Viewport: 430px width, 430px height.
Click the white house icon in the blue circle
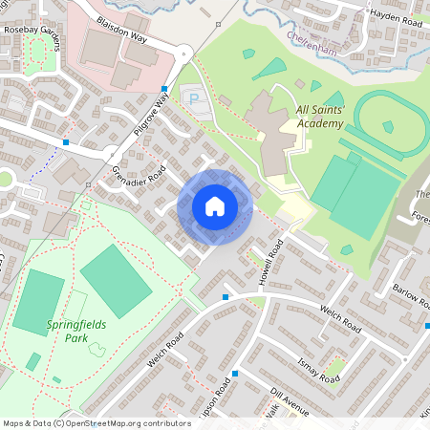coord(215,205)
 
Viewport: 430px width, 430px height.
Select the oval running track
coord(388,126)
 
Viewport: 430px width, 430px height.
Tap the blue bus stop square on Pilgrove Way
coord(161,89)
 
